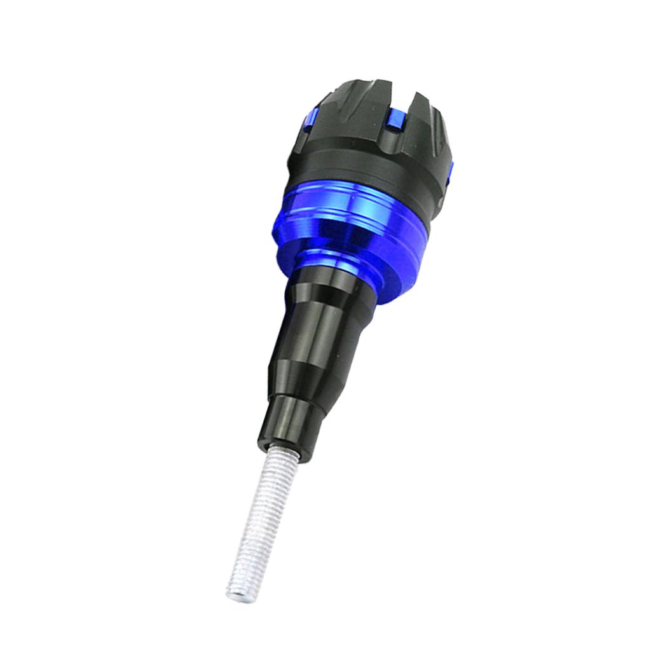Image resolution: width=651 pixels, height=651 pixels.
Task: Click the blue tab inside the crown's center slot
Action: pos(394,118)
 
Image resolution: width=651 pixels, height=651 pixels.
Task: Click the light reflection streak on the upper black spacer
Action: pos(318,318)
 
